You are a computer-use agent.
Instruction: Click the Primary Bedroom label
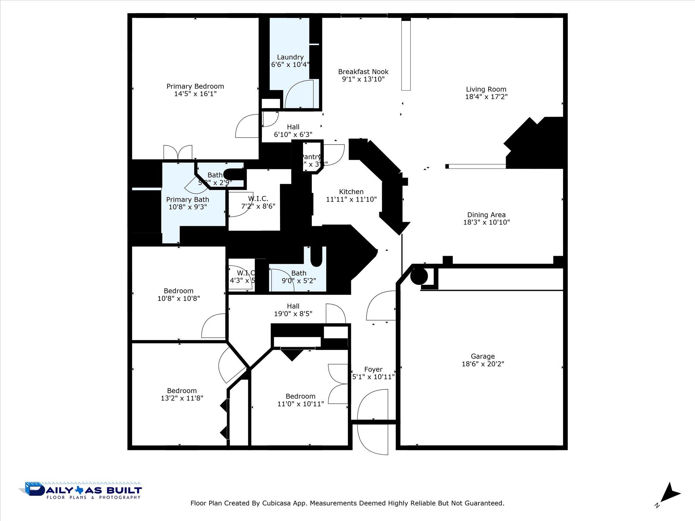195,86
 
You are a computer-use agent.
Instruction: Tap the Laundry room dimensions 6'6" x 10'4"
290,64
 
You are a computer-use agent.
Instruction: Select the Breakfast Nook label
363,72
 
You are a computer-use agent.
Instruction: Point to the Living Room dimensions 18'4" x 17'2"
486,97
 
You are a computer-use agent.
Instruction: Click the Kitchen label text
351,192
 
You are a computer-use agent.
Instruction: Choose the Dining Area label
486,215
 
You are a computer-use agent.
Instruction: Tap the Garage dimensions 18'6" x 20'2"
483,364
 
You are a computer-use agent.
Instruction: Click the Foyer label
373,369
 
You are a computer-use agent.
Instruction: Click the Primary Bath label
187,200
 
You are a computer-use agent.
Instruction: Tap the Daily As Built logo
81,490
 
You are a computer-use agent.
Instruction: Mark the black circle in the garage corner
419,276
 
